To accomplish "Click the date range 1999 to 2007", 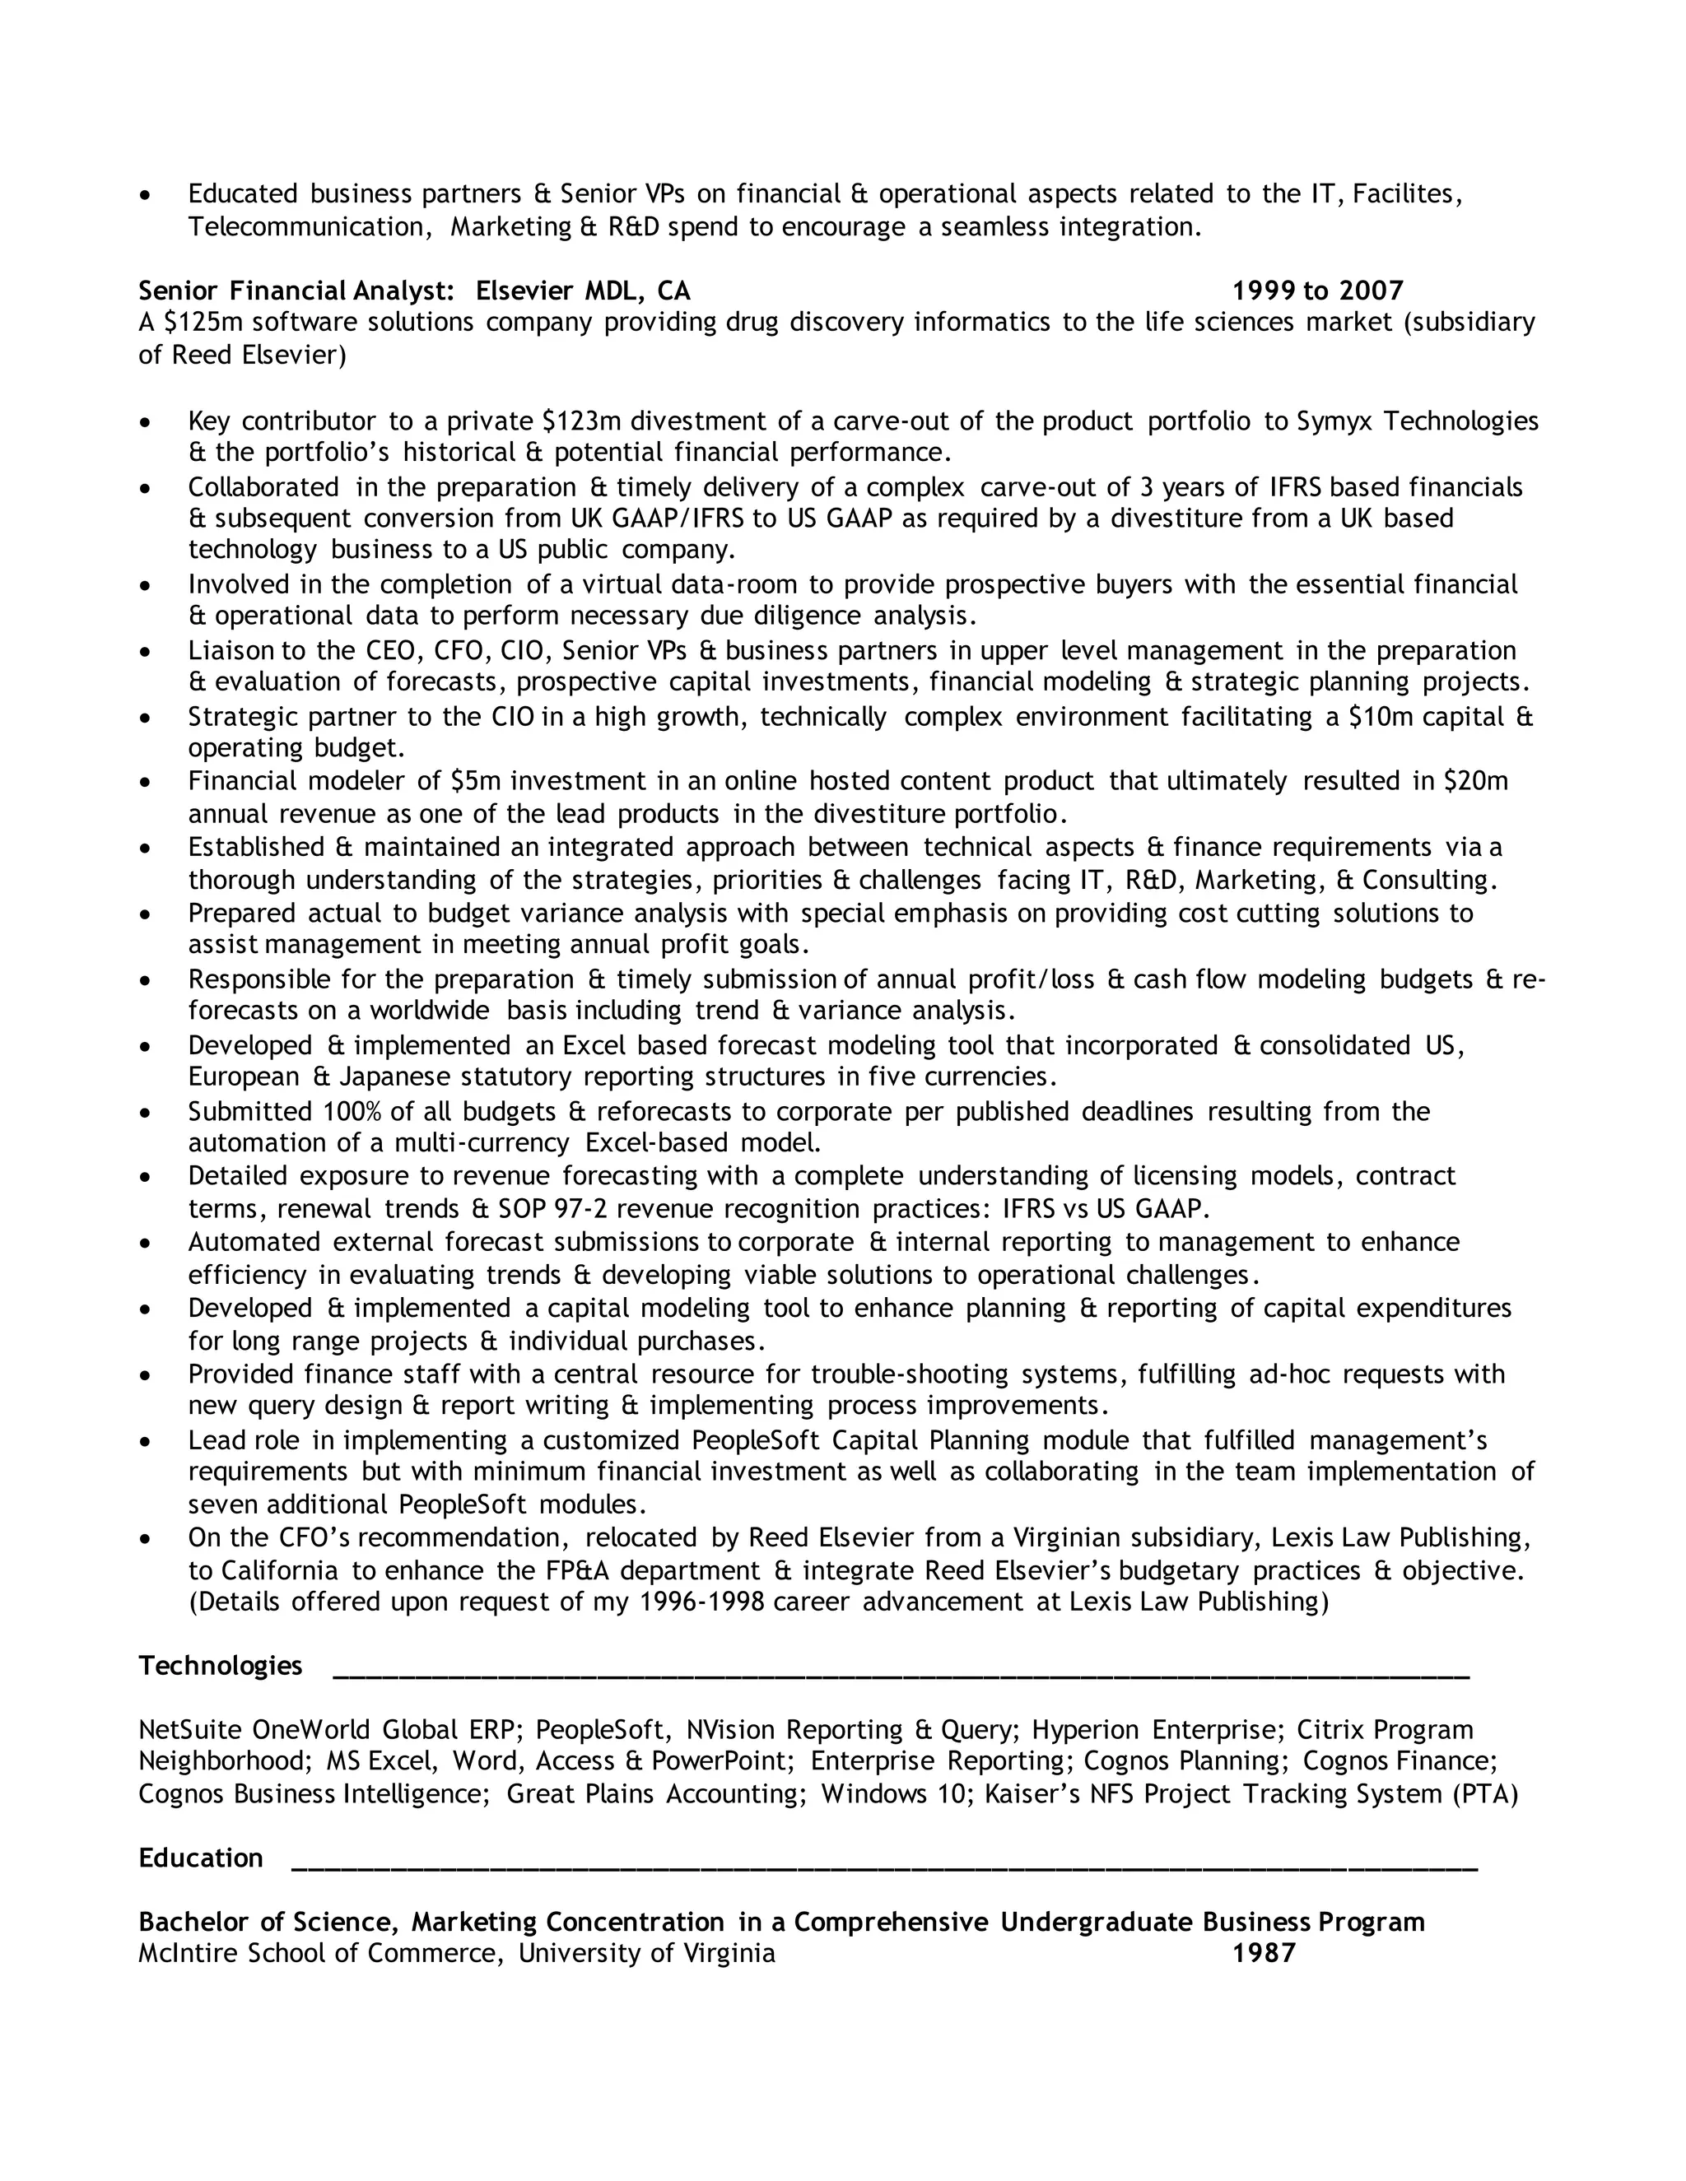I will click(x=1317, y=291).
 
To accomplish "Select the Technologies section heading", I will click(x=220, y=1666).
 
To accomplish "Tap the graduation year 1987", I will click(x=1264, y=1953).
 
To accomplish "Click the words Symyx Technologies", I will click(x=1416, y=421).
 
